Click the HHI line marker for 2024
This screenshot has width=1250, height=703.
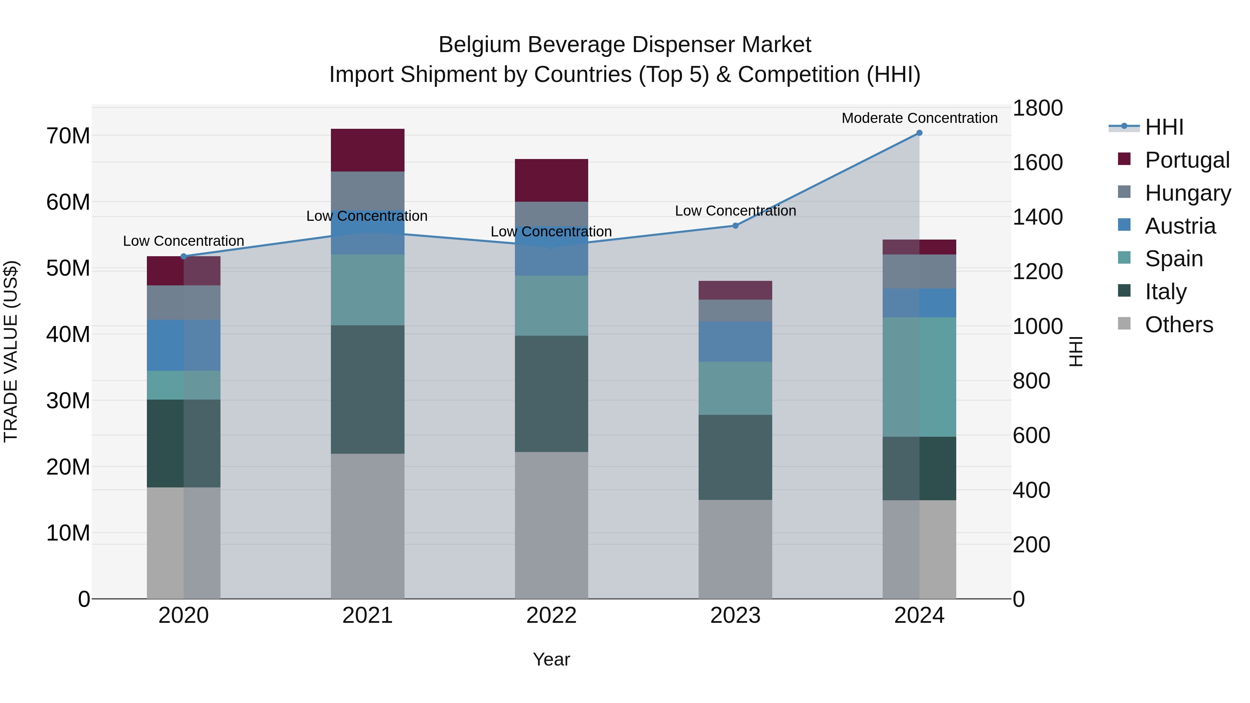pos(919,133)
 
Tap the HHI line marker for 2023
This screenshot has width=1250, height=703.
pos(735,226)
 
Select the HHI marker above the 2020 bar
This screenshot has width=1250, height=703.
pos(183,256)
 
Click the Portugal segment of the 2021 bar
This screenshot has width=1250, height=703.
pos(367,150)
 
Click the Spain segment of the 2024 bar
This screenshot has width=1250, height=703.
pos(919,377)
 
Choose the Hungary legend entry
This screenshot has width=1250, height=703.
pos(1187,193)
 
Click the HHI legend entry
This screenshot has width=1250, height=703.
pos(1164,127)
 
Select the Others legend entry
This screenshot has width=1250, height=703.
pos(1178,324)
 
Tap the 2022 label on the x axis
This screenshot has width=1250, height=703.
pos(551,616)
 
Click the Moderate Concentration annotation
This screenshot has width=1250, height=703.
pos(919,118)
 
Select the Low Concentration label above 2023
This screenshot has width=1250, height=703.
pos(735,211)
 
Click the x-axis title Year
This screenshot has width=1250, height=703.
pos(551,659)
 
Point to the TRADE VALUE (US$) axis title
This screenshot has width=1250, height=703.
pos(11,351)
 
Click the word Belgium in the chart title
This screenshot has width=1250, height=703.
pos(480,45)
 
